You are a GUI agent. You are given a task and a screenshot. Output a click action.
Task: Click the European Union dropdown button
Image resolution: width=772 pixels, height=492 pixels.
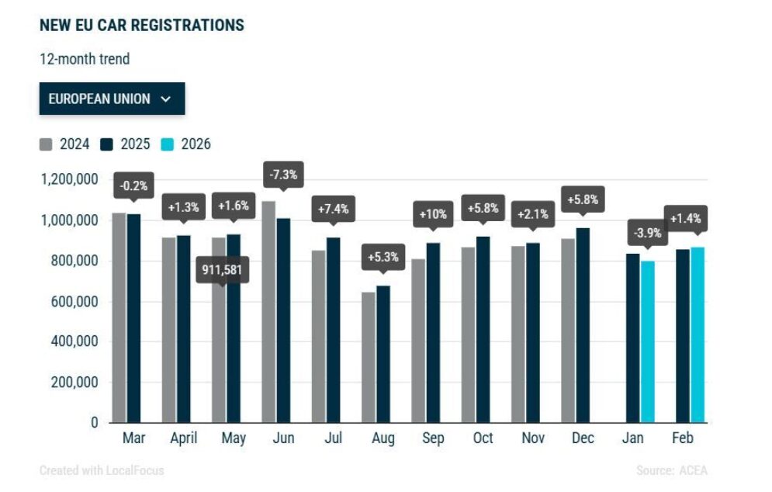pos(113,99)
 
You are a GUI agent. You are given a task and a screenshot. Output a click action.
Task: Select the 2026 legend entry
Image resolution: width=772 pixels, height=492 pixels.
pos(186,144)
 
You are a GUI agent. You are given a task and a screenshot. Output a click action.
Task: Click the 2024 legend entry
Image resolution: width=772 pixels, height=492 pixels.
pos(64,144)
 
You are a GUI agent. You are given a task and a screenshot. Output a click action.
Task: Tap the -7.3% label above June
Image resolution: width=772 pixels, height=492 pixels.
pos(284,175)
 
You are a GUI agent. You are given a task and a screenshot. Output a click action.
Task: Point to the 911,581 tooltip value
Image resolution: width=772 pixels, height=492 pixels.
pos(222,269)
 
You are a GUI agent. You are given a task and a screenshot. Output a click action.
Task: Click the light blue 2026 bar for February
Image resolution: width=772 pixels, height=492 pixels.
pos(698,335)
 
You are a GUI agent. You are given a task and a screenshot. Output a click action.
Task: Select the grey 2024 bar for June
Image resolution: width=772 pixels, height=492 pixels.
pos(268,312)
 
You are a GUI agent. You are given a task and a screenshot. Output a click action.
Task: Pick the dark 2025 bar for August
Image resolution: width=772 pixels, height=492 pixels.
pos(383,354)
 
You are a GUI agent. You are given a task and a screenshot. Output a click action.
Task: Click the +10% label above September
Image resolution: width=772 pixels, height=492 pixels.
pos(433,214)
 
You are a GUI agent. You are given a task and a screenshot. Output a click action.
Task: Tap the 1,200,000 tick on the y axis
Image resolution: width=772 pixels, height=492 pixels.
pos(69,179)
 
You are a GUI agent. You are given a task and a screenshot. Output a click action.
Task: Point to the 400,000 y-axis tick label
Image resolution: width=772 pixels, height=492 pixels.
pos(74,341)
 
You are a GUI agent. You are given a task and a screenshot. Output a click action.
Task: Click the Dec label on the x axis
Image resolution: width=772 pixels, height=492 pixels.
pos(583,438)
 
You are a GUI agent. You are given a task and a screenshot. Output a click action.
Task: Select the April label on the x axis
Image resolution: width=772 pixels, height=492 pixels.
pos(184,438)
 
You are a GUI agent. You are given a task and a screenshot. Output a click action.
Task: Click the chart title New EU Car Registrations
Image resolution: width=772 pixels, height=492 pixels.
pos(142,25)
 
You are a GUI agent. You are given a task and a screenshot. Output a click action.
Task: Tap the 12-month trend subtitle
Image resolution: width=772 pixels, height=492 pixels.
pos(85,59)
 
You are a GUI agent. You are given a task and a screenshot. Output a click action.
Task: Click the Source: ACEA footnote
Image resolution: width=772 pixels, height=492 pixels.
pos(672,470)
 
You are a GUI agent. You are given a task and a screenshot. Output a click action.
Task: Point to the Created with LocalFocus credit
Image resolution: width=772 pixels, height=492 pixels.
pos(102,470)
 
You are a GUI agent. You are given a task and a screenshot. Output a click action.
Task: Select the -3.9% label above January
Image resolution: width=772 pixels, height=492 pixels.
pos(647,233)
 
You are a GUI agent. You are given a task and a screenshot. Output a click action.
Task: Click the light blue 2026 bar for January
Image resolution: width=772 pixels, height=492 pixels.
pos(648,341)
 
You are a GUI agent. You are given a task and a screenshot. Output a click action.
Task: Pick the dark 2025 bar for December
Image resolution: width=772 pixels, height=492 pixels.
pos(583,325)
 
